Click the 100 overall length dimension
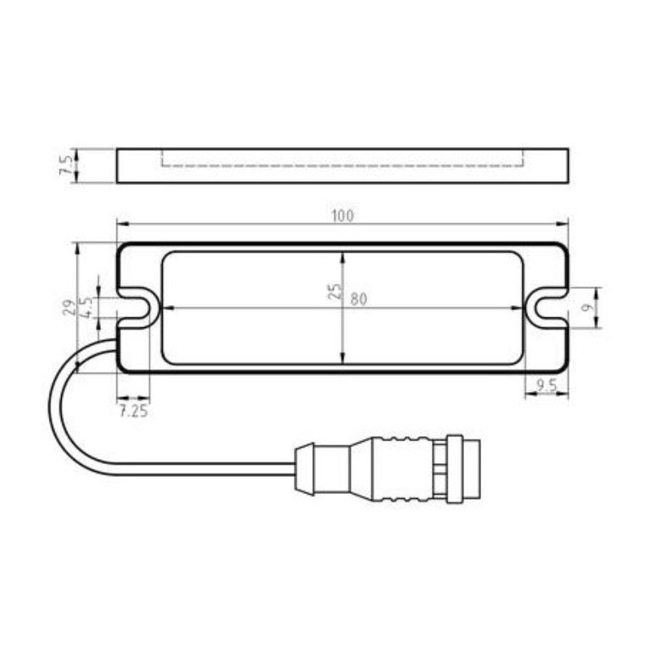pos(343,216)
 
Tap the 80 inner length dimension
pos(359,299)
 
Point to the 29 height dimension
pos(68,307)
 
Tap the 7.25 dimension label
pos(133,411)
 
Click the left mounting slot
pos(138,308)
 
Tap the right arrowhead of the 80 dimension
pos(518,308)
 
